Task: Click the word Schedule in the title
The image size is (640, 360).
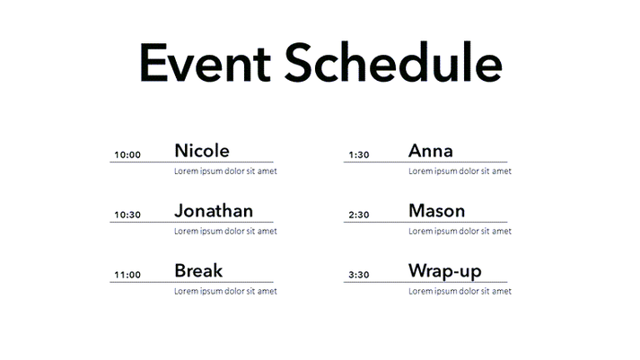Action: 392,63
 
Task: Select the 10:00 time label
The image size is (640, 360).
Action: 127,155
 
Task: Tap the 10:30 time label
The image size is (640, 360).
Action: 127,215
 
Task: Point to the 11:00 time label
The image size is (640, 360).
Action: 127,275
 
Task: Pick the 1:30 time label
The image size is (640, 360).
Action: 358,155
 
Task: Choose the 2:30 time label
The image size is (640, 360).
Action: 358,215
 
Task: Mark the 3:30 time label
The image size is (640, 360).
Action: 358,275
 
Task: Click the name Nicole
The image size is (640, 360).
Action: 201,151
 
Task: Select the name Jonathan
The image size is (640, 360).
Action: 213,211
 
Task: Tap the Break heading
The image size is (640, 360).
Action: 197,270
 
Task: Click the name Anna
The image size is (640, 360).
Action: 430,151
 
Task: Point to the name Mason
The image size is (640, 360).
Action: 436,211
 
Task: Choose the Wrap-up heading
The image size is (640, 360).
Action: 444,271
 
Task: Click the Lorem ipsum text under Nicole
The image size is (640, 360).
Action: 224,171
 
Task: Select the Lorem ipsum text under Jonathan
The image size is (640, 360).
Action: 224,231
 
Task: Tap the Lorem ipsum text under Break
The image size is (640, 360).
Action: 224,291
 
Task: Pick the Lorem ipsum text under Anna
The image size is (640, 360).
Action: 459,171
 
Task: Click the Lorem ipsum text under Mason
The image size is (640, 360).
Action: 459,231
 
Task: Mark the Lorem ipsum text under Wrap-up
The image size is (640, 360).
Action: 459,291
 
